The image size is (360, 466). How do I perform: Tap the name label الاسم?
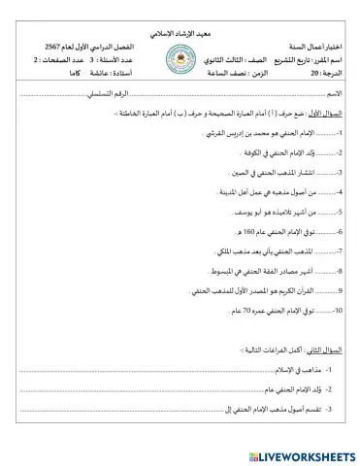click(x=331, y=93)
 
